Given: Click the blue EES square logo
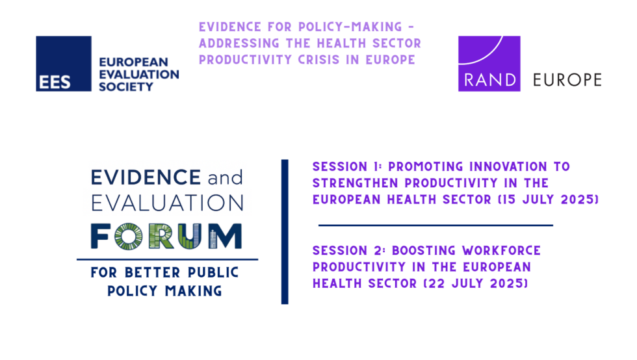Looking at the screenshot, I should pyautogui.click(x=63, y=63).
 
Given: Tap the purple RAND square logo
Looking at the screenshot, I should pyautogui.click(x=489, y=63).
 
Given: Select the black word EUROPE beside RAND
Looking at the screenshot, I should pyautogui.click(x=567, y=81).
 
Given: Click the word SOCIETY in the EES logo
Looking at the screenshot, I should pyautogui.click(x=126, y=86).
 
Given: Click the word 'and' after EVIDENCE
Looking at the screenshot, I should pyautogui.click(x=224, y=177).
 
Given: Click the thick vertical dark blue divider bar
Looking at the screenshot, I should pyautogui.click(x=285, y=231).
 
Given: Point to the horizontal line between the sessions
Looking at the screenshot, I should pyautogui.click(x=435, y=225).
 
